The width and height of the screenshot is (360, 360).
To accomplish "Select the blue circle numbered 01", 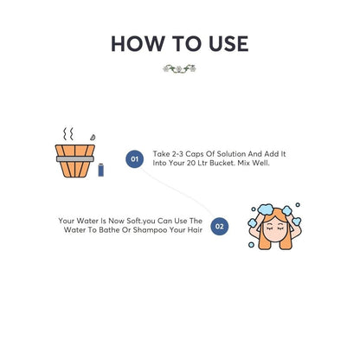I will pyautogui.click(x=134, y=158).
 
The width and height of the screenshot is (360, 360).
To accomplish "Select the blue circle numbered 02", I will pyautogui.click(x=220, y=226).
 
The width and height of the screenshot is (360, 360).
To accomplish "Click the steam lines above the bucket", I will pyautogui.click(x=68, y=136).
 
